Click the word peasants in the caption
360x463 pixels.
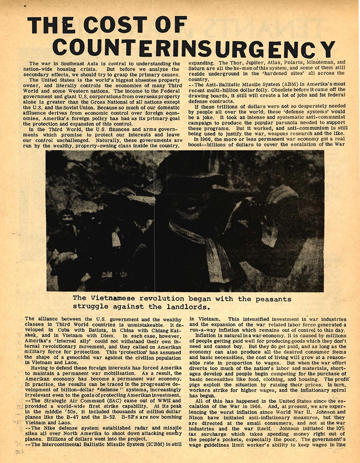click(x=269, y=299)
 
